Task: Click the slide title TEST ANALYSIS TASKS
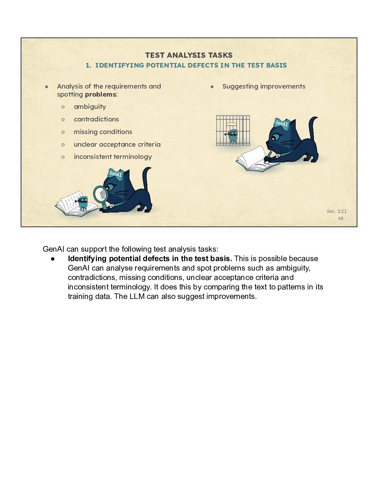tap(189, 55)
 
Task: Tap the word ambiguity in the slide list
tap(90, 107)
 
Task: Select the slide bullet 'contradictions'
tap(96, 119)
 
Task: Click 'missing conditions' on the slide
tap(103, 132)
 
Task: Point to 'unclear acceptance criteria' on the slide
tap(117, 145)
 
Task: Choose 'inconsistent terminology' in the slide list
tap(113, 157)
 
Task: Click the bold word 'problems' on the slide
tap(100, 94)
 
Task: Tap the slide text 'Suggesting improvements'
tap(264, 86)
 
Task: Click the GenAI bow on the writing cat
tap(282, 124)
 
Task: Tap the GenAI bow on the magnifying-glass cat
tap(116, 174)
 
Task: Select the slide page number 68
tap(341, 218)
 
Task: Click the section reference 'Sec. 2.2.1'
tap(336, 211)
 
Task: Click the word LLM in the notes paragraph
tap(137, 296)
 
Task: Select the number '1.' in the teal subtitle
tap(88, 65)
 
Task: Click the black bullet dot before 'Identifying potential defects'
tap(53, 259)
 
